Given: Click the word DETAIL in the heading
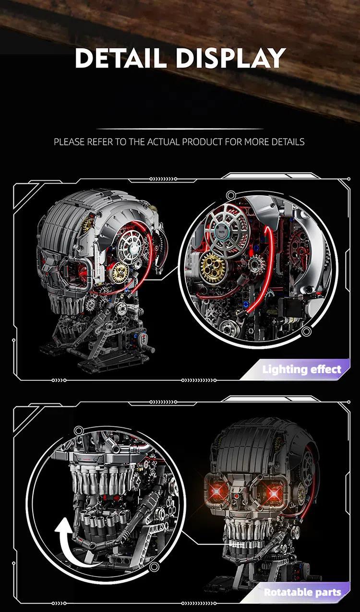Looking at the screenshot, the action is [x=120, y=58].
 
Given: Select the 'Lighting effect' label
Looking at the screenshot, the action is [x=301, y=369].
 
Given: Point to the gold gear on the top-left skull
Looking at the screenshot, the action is [x=120, y=272].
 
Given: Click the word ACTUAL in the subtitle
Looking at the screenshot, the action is [x=164, y=142].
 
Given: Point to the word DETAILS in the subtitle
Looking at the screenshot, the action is [x=288, y=142].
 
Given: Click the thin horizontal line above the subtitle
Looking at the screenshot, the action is [x=180, y=129].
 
